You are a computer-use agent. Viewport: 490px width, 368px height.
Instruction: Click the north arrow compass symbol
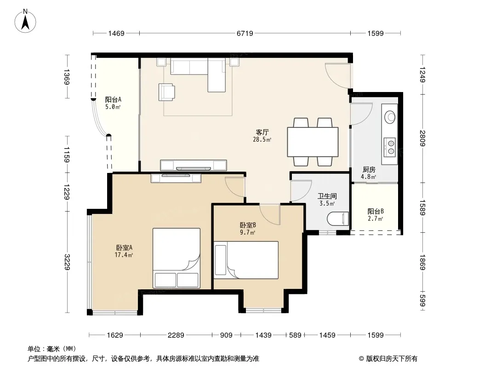click(x=25, y=21)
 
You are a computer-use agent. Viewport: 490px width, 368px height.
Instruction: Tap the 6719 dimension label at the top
click(x=245, y=33)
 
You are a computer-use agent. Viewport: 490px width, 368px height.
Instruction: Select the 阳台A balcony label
click(x=113, y=100)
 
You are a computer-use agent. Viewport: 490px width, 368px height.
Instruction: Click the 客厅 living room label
click(x=262, y=132)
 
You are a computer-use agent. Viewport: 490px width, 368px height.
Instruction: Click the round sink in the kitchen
click(x=390, y=117)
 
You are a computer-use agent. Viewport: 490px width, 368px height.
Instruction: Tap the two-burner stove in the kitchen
click(x=390, y=147)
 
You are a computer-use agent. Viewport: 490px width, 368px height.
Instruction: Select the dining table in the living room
click(x=313, y=142)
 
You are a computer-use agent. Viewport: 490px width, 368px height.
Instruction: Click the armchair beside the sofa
click(x=166, y=92)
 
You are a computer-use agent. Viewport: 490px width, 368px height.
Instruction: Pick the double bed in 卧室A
click(x=176, y=258)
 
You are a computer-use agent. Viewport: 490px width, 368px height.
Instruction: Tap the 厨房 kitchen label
click(x=369, y=170)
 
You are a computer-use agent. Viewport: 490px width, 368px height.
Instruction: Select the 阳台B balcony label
click(x=376, y=211)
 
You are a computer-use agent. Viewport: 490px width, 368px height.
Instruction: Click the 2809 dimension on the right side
click(x=422, y=138)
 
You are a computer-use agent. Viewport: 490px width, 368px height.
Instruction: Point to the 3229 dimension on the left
click(x=67, y=262)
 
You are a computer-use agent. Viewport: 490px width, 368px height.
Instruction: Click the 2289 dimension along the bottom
click(x=176, y=335)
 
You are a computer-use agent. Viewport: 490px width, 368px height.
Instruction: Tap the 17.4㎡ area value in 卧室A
click(x=124, y=255)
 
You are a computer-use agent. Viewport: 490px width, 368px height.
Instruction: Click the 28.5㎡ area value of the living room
click(x=262, y=140)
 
